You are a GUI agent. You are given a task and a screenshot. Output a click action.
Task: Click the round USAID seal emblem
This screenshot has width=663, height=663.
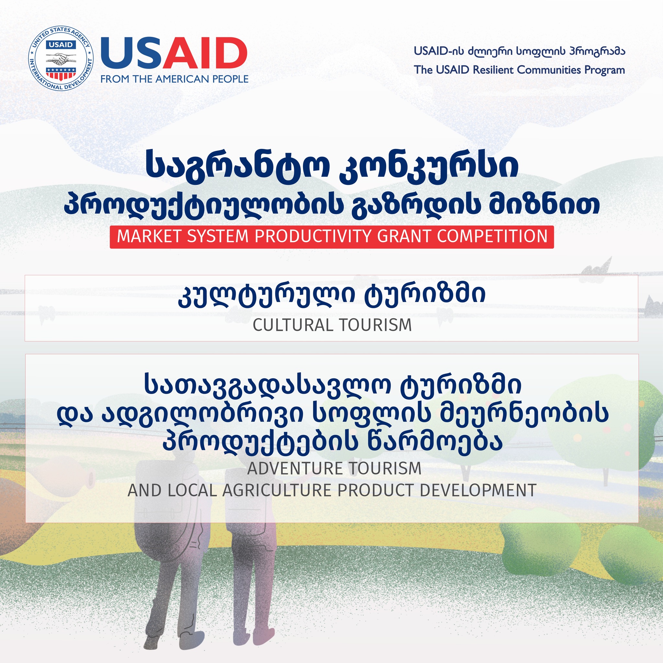click(61, 58)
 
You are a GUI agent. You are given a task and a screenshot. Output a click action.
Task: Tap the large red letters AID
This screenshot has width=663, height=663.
click(205, 53)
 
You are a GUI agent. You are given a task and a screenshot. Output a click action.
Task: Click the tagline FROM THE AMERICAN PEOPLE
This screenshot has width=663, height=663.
click(174, 79)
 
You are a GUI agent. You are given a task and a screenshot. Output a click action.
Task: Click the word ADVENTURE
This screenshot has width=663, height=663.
click(295, 468)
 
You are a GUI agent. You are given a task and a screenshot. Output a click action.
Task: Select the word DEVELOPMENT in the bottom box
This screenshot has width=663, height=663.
click(478, 490)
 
